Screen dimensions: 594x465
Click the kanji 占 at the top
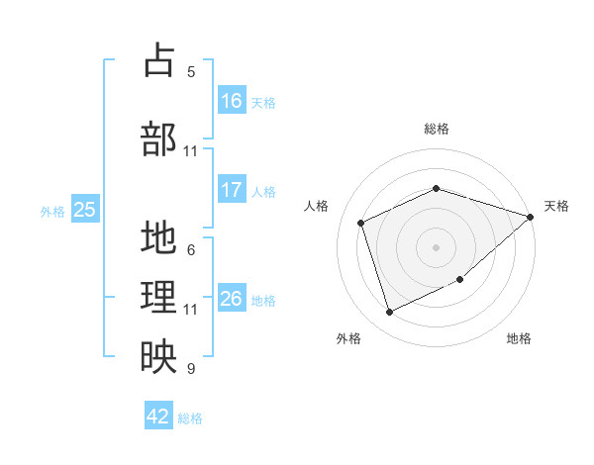pyautogui.click(x=159, y=59)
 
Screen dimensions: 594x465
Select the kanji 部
pyautogui.click(x=158, y=139)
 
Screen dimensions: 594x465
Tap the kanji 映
pyautogui.click(x=158, y=356)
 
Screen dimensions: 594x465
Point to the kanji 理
pyautogui.click(x=158, y=297)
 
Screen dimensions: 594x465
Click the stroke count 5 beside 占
pyautogui.click(x=191, y=72)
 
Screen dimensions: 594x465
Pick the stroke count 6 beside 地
pyautogui.click(x=191, y=250)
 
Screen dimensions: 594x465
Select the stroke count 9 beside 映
pyautogui.click(x=191, y=368)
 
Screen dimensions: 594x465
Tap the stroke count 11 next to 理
pyautogui.click(x=190, y=310)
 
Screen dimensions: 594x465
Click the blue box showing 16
pyautogui.click(x=232, y=100)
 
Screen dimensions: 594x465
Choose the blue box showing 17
pyautogui.click(x=232, y=189)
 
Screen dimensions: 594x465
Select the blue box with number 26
pyautogui.click(x=232, y=297)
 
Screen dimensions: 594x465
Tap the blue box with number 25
pyautogui.click(x=85, y=209)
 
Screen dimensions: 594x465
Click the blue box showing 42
pyautogui.click(x=158, y=415)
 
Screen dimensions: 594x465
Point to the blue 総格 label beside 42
pyautogui.click(x=190, y=418)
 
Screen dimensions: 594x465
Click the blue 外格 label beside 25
pyautogui.click(x=52, y=212)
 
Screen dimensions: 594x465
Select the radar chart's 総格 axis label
pyautogui.click(x=437, y=129)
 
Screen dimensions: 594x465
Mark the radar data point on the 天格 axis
pyautogui.click(x=530, y=217)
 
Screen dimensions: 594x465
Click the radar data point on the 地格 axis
pyautogui.click(x=459, y=279)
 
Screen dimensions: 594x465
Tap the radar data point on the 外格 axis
pyautogui.click(x=389, y=312)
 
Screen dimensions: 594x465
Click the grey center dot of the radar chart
pyautogui.click(x=436, y=247)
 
